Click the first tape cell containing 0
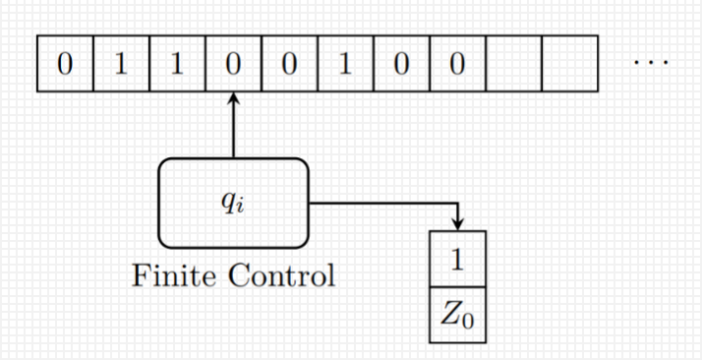(x=65, y=64)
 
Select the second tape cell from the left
(x=121, y=64)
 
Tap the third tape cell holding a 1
(x=177, y=64)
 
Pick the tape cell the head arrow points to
(x=233, y=64)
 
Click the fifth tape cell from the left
(x=290, y=64)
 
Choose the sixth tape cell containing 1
(x=346, y=64)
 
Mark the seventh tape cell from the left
(x=401, y=64)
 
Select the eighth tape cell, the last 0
(x=457, y=64)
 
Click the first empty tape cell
(x=514, y=64)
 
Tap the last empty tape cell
(x=570, y=64)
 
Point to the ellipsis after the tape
(x=651, y=63)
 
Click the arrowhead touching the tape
(x=233, y=98)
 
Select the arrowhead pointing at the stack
(x=457, y=224)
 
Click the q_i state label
(x=233, y=203)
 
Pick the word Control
(x=282, y=275)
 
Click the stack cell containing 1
(x=457, y=259)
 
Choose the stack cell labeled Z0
(x=457, y=315)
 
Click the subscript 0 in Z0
(x=468, y=321)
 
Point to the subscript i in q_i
(x=241, y=208)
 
